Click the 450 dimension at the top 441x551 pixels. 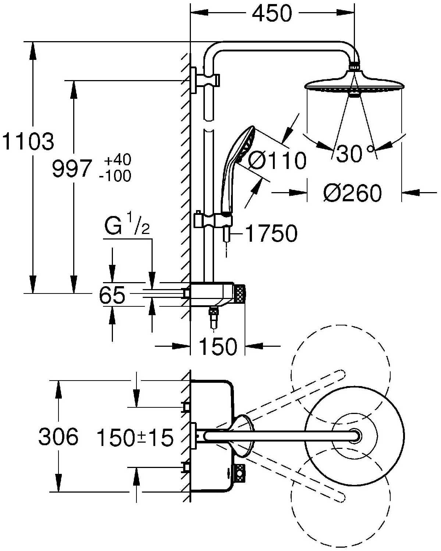(x=272, y=14)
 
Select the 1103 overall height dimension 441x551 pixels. (x=28, y=141)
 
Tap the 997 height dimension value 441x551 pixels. (x=71, y=169)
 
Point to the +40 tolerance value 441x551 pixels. (x=117, y=160)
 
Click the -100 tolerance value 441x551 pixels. (x=115, y=176)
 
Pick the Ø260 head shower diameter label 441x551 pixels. (x=352, y=193)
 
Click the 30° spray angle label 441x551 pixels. (x=355, y=153)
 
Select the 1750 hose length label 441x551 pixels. (x=271, y=234)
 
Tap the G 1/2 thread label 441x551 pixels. (x=127, y=227)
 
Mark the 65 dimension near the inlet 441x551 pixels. (x=112, y=295)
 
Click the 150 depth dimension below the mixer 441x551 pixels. (x=218, y=346)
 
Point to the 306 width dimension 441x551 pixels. (x=58, y=437)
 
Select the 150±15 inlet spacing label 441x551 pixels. (x=135, y=437)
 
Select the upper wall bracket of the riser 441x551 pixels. (x=206, y=79)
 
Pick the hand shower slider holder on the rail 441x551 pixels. (x=213, y=221)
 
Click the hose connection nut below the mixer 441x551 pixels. (x=213, y=313)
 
